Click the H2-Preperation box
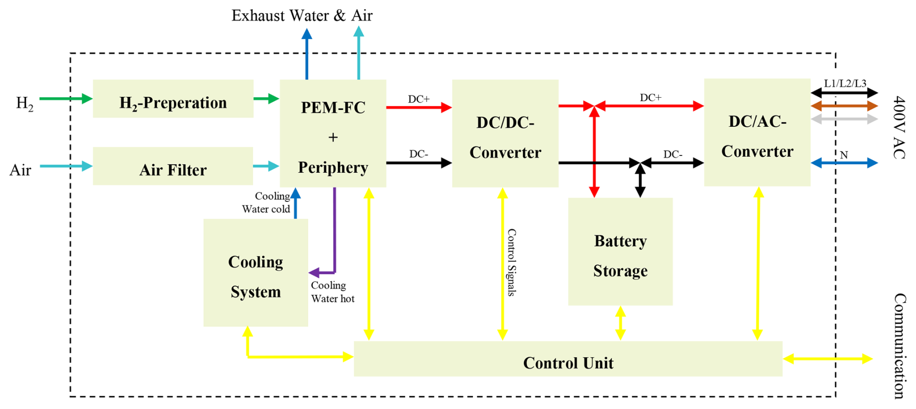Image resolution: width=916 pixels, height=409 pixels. (173, 99)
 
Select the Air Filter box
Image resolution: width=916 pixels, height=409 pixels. (173, 166)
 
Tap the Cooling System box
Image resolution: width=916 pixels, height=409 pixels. (256, 273)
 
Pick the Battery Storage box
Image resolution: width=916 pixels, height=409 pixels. (620, 252)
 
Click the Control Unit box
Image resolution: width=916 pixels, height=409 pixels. (568, 359)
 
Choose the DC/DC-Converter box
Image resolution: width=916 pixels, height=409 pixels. (505, 134)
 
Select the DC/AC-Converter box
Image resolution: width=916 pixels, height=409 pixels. (757, 133)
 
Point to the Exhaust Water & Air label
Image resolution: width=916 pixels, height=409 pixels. (302, 15)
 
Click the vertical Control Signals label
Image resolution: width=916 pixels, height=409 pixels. (511, 262)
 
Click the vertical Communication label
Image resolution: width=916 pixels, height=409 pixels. (900, 346)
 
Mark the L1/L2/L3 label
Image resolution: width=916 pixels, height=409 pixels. (845, 83)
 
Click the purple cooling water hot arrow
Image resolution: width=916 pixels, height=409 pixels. (334, 232)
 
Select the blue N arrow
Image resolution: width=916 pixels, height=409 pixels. (844, 163)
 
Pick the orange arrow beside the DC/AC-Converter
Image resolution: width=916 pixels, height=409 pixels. (844, 106)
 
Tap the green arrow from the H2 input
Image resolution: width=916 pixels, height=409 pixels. (65, 99)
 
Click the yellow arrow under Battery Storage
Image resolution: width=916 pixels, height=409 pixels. (620, 323)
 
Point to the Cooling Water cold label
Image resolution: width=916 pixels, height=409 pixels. (266, 203)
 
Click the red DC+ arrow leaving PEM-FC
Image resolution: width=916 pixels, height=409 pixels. (419, 107)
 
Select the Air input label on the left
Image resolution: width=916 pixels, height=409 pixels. (20, 170)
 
